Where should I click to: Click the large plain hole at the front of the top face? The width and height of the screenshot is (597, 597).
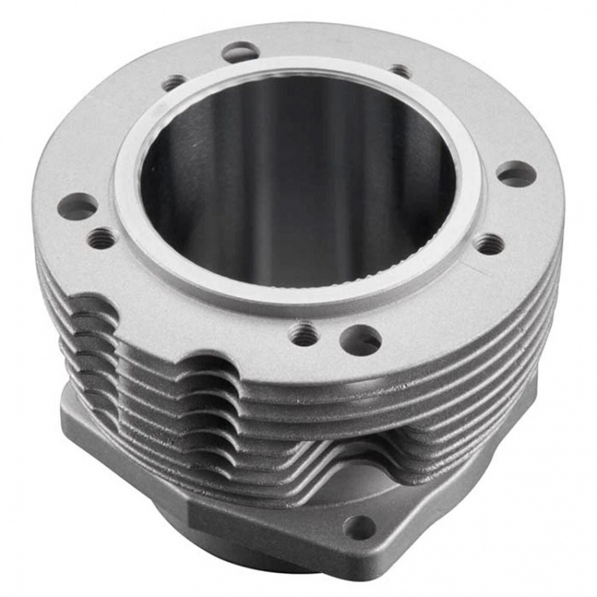[360, 340]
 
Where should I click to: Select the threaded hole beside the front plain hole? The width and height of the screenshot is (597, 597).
[304, 334]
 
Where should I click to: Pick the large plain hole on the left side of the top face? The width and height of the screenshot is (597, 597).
[78, 207]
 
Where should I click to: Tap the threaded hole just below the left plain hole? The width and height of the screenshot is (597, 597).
[101, 236]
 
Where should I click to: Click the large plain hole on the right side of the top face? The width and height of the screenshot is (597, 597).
[515, 174]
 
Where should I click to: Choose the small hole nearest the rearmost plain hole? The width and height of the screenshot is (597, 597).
[174, 82]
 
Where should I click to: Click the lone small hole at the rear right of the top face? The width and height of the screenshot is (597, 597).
[400, 71]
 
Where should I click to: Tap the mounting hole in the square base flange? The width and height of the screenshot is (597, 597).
[360, 526]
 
